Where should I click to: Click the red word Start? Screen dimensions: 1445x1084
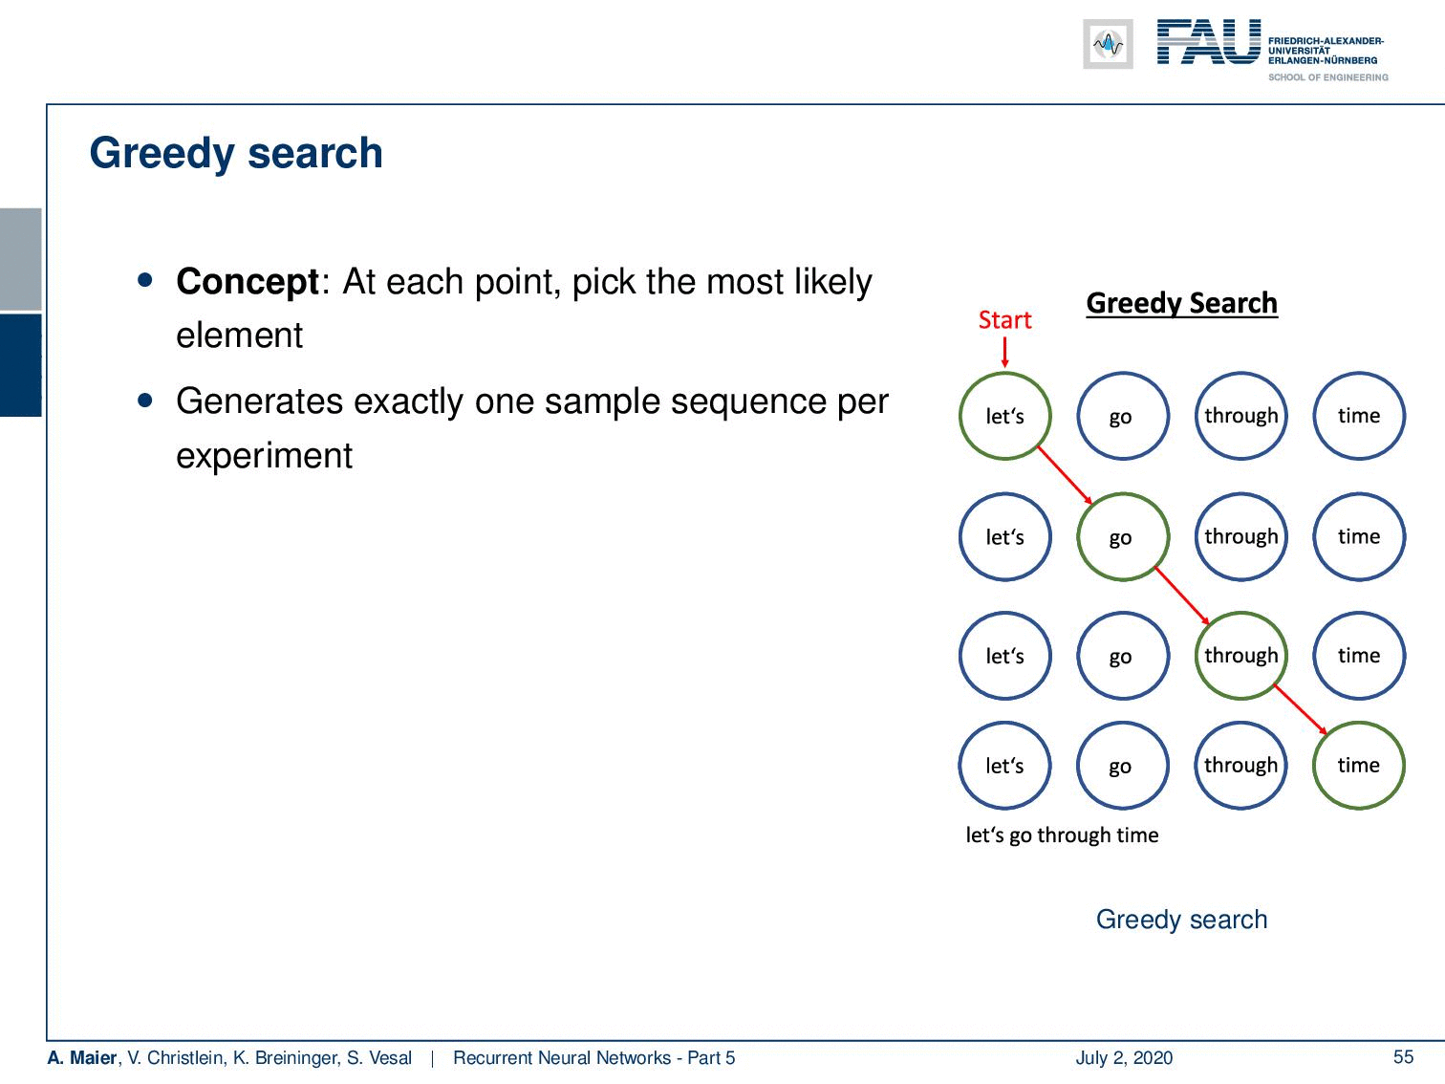pos(1004,320)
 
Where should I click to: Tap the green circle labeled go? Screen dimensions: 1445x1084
pos(1078,536)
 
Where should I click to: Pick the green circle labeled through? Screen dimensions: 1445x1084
pos(1197,656)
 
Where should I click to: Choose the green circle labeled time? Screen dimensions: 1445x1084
pos(1315,766)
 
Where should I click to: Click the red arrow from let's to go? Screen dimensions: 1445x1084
pos(1065,476)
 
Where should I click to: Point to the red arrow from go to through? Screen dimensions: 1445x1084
pos(1182,596)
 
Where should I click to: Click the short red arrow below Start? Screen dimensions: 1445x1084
pos(1004,352)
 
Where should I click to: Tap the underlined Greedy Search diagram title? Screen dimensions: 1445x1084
pos(1181,303)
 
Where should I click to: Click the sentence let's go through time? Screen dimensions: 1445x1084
pos(1062,835)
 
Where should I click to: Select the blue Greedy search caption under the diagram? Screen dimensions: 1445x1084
pos(1181,920)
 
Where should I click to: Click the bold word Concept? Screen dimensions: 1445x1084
pos(248,282)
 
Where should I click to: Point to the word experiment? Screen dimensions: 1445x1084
pos(264,455)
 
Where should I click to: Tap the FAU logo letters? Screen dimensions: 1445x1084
pos(1209,42)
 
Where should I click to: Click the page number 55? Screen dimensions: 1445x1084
pos(1403,1057)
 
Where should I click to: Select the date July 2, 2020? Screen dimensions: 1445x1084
pos(1124,1057)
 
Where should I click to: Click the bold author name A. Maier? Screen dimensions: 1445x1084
pos(81,1057)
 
